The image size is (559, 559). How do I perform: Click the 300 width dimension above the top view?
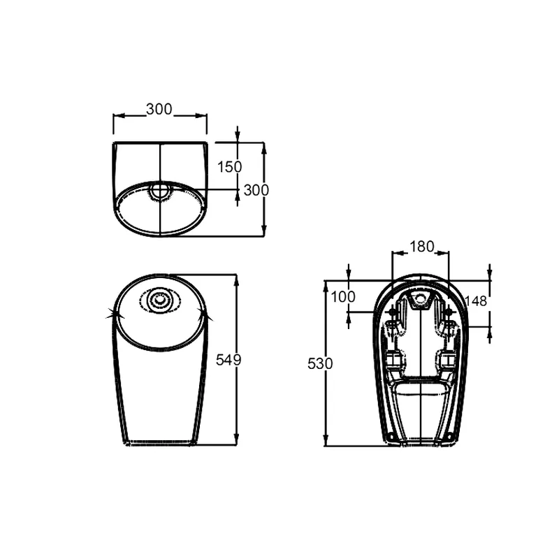pyautogui.click(x=159, y=110)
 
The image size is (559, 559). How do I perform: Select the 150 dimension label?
pyautogui.click(x=229, y=166)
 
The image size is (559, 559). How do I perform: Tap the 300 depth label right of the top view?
pyautogui.click(x=256, y=189)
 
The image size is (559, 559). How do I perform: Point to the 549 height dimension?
pyautogui.click(x=228, y=360)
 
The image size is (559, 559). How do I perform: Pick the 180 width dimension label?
pyautogui.click(x=421, y=247)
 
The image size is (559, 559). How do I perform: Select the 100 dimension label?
pyautogui.click(x=343, y=296)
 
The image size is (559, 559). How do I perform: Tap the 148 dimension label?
pyautogui.click(x=474, y=300)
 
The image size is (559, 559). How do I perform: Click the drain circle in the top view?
pyautogui.click(x=161, y=189)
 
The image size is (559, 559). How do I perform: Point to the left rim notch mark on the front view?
pyautogui.click(x=110, y=316)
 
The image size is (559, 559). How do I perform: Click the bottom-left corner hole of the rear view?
pyautogui.click(x=391, y=439)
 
